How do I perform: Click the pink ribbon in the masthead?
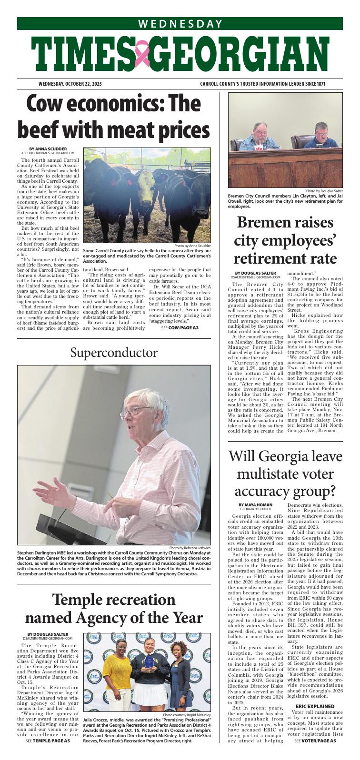(141, 53)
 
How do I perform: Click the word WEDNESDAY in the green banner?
(180, 24)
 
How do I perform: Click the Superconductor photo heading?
(114, 353)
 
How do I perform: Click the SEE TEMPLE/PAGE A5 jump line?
(48, 754)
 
